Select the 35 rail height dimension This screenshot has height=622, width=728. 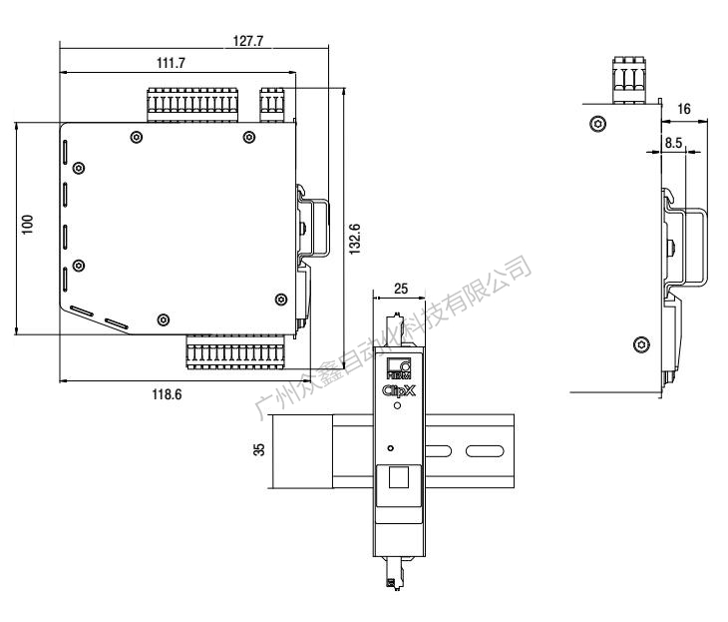(259, 451)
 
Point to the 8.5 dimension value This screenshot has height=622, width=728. (673, 143)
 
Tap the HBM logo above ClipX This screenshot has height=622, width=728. (397, 366)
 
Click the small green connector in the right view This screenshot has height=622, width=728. (627, 81)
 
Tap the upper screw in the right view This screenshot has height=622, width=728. (596, 124)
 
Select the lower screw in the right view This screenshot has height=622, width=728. (641, 344)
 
